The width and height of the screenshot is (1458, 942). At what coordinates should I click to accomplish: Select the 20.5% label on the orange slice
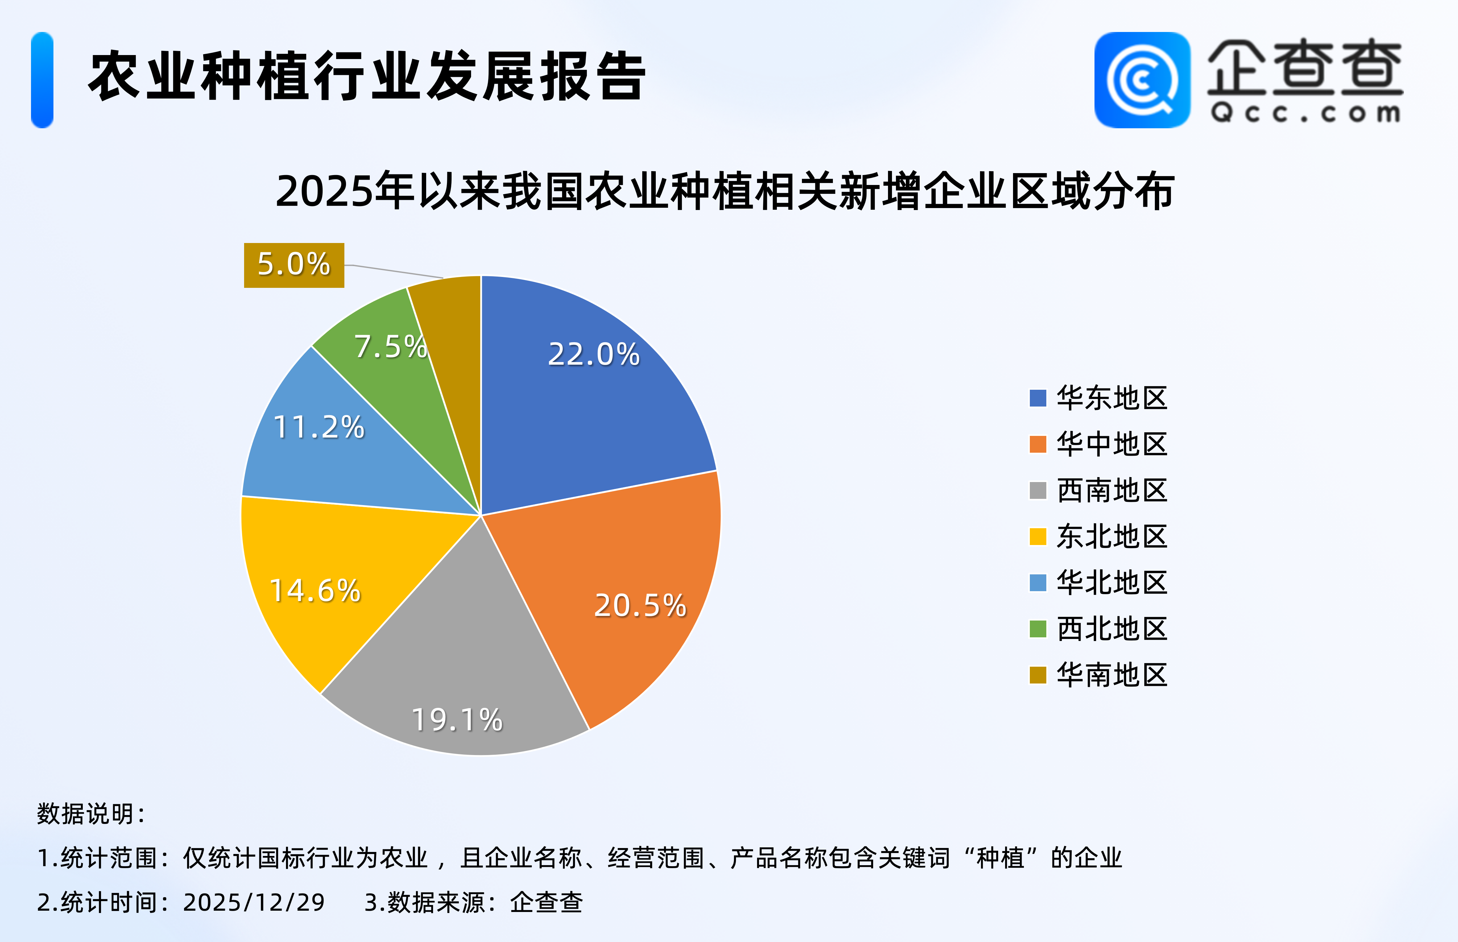click(640, 606)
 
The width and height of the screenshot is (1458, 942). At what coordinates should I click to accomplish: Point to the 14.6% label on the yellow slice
click(315, 591)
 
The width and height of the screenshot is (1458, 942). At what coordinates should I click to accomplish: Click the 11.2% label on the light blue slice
click(319, 427)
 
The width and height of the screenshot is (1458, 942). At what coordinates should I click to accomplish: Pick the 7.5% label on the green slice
click(390, 347)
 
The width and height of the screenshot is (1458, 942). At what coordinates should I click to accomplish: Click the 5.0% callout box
click(294, 265)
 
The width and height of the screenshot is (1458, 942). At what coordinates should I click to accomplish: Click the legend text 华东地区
click(1112, 398)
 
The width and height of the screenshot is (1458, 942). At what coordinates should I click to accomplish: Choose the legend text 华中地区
click(1112, 444)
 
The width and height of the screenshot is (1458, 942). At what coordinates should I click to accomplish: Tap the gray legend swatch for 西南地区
click(1038, 491)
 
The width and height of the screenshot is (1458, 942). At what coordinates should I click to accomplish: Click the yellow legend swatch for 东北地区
click(1038, 536)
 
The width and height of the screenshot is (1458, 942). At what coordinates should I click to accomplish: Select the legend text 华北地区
click(1112, 582)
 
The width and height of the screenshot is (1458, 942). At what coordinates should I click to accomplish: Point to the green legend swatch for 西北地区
click(1038, 629)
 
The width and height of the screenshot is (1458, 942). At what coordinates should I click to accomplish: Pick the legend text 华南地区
click(1112, 675)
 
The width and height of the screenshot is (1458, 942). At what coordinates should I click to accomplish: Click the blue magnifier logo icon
click(1142, 80)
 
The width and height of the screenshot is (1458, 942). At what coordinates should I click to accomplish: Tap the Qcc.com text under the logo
click(1305, 113)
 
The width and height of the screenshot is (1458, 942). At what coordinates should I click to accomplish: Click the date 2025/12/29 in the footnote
click(254, 902)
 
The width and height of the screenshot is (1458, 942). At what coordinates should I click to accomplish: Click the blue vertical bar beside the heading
click(42, 80)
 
